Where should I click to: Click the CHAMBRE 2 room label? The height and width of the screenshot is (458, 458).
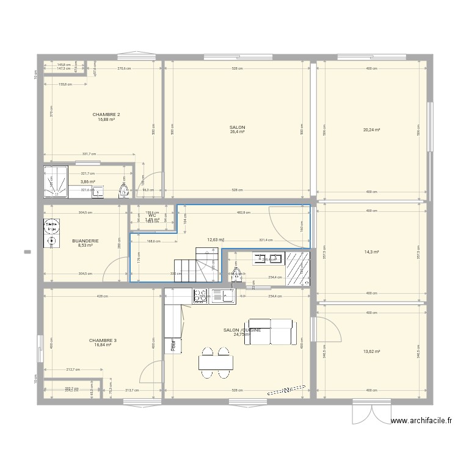pos(106,115)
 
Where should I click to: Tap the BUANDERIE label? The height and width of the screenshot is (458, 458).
pos(85,241)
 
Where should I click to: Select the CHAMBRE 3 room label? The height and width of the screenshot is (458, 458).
pos(103,340)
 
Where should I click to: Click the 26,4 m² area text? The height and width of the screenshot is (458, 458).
pos(237,132)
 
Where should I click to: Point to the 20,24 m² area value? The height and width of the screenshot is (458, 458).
pos(371,130)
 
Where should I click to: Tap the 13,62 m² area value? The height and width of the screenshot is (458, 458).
pos(371,352)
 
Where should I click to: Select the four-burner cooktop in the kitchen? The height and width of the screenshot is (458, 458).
pos(201,296)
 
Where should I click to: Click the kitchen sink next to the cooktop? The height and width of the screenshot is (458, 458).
pos(227,296)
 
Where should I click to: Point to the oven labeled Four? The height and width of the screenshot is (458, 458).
pos(173,345)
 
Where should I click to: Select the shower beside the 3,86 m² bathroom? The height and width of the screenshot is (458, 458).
pos(56,183)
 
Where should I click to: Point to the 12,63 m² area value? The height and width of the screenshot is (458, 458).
pos(216,241)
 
